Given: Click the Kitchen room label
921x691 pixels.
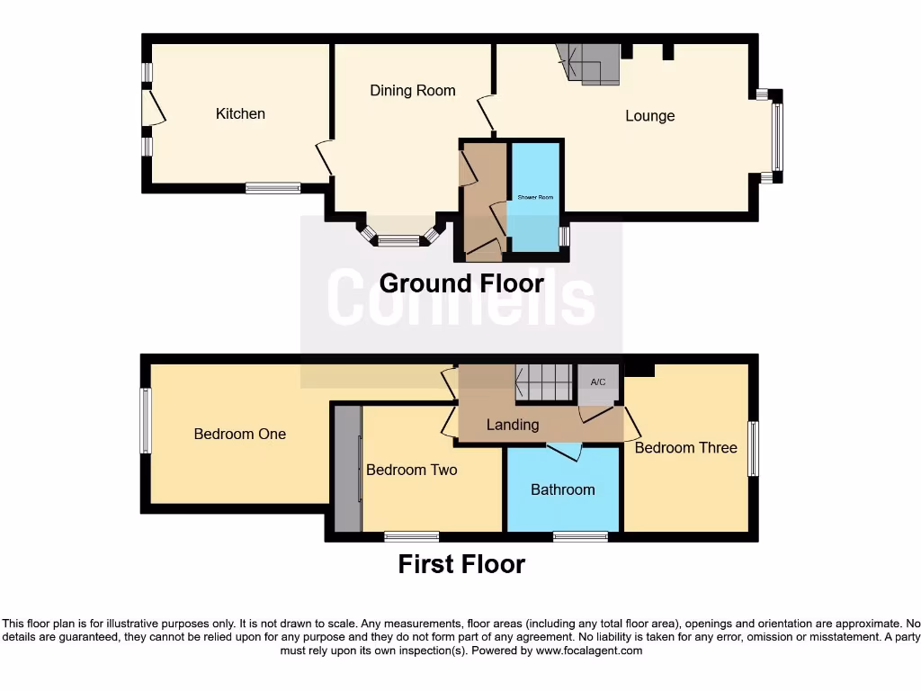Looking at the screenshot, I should pyautogui.click(x=240, y=113).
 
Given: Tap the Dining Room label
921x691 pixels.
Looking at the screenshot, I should pyautogui.click(x=413, y=90).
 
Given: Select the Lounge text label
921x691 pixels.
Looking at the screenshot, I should pyautogui.click(x=649, y=116).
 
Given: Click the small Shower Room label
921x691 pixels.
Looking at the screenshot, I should pyautogui.click(x=534, y=197).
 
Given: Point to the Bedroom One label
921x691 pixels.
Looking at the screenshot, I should pyautogui.click(x=240, y=434).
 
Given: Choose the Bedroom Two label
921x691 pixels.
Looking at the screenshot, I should pyautogui.click(x=412, y=470).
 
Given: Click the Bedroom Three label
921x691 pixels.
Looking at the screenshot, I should pyautogui.click(x=685, y=447).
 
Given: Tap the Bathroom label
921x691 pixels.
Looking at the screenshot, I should pyautogui.click(x=562, y=489).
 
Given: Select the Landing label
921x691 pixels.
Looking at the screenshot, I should pyautogui.click(x=513, y=425).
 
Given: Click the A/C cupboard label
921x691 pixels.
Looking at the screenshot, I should pyautogui.click(x=598, y=382).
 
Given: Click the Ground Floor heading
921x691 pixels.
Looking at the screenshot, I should pyautogui.click(x=461, y=283).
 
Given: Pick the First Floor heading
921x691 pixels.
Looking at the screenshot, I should pyautogui.click(x=461, y=564).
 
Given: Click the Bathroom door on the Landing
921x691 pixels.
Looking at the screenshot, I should pyautogui.click(x=564, y=451).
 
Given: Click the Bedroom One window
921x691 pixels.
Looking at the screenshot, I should pyautogui.click(x=146, y=420).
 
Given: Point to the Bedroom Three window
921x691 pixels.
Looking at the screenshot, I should pyautogui.click(x=754, y=448).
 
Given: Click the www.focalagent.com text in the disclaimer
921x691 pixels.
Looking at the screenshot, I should pyautogui.click(x=589, y=651).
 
